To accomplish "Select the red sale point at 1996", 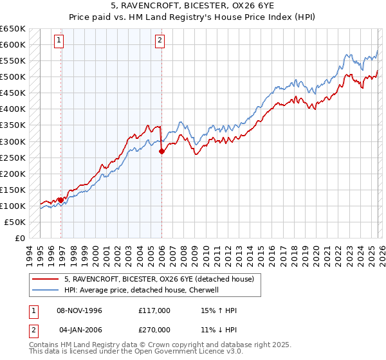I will coord(61,200).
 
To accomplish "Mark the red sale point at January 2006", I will coord(161,151).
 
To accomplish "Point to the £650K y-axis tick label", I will coord(13,29).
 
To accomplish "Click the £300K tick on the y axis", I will coord(13,141).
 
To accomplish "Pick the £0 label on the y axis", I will coord(19,238).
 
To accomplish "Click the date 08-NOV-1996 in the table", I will coord(80,310).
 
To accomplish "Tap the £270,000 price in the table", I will coord(154,330).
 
